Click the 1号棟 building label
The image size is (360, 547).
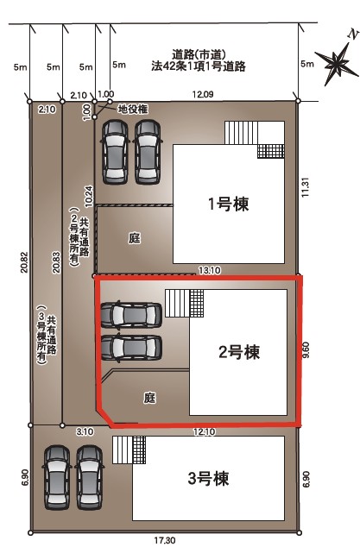click(x=229, y=204)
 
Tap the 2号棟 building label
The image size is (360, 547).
click(x=239, y=352)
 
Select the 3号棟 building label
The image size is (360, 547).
click(x=208, y=479)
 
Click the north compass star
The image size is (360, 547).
click(x=338, y=63)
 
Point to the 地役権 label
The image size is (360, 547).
click(x=133, y=110)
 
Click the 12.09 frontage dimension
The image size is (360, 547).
click(x=203, y=94)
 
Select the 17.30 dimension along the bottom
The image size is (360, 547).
click(x=165, y=541)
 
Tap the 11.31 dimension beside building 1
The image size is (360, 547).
click(x=306, y=188)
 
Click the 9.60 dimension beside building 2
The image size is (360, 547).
click(x=306, y=350)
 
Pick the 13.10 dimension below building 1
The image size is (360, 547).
click(x=210, y=270)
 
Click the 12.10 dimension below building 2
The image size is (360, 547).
click(x=205, y=432)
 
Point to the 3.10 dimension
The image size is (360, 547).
click(x=85, y=432)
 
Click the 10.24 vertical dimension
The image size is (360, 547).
click(x=89, y=196)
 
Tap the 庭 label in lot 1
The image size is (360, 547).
click(x=135, y=239)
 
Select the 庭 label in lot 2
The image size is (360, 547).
click(x=149, y=398)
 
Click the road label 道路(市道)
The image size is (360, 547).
click(x=199, y=54)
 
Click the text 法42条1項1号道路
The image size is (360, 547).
click(x=199, y=66)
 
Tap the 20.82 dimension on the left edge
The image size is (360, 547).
click(x=24, y=262)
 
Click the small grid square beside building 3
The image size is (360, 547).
click(x=139, y=450)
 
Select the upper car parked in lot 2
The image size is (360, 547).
click(x=131, y=315)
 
